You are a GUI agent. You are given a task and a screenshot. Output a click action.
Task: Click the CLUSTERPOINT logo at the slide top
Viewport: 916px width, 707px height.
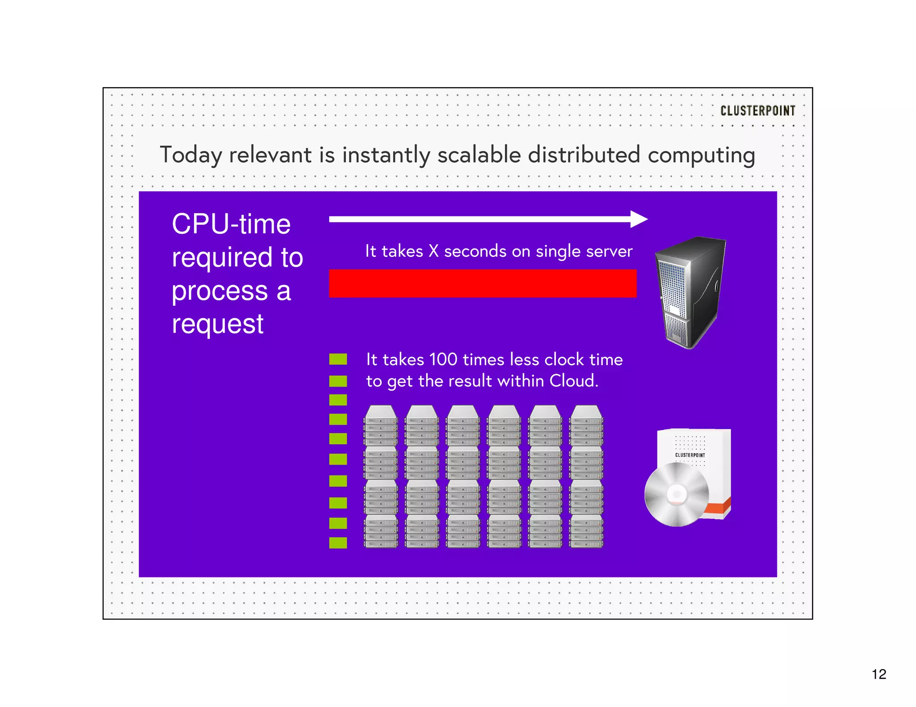757,110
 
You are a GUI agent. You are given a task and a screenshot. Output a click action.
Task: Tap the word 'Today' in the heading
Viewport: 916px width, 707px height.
191,155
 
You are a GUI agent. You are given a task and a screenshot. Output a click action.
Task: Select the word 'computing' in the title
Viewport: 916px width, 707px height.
701,156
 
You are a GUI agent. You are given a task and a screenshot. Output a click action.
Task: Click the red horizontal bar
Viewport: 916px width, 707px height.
482,283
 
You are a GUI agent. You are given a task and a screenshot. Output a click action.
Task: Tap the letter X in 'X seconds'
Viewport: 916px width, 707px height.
433,251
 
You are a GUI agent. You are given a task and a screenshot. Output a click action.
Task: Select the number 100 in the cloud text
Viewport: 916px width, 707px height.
443,359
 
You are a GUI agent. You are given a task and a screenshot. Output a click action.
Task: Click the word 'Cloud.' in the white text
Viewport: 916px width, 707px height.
573,381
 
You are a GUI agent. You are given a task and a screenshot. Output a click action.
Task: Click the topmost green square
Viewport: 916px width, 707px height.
338,359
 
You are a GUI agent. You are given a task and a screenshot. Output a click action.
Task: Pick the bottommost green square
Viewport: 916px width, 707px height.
338,543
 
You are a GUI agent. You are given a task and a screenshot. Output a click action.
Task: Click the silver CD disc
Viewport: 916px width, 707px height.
676,494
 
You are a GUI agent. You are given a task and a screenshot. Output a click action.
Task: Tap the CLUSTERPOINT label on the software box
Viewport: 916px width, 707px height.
690,455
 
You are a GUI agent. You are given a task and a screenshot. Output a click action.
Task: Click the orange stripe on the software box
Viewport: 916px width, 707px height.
718,508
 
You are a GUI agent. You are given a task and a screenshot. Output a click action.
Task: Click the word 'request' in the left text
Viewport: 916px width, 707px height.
217,324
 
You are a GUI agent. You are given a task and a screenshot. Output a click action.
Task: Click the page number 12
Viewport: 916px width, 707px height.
878,674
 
